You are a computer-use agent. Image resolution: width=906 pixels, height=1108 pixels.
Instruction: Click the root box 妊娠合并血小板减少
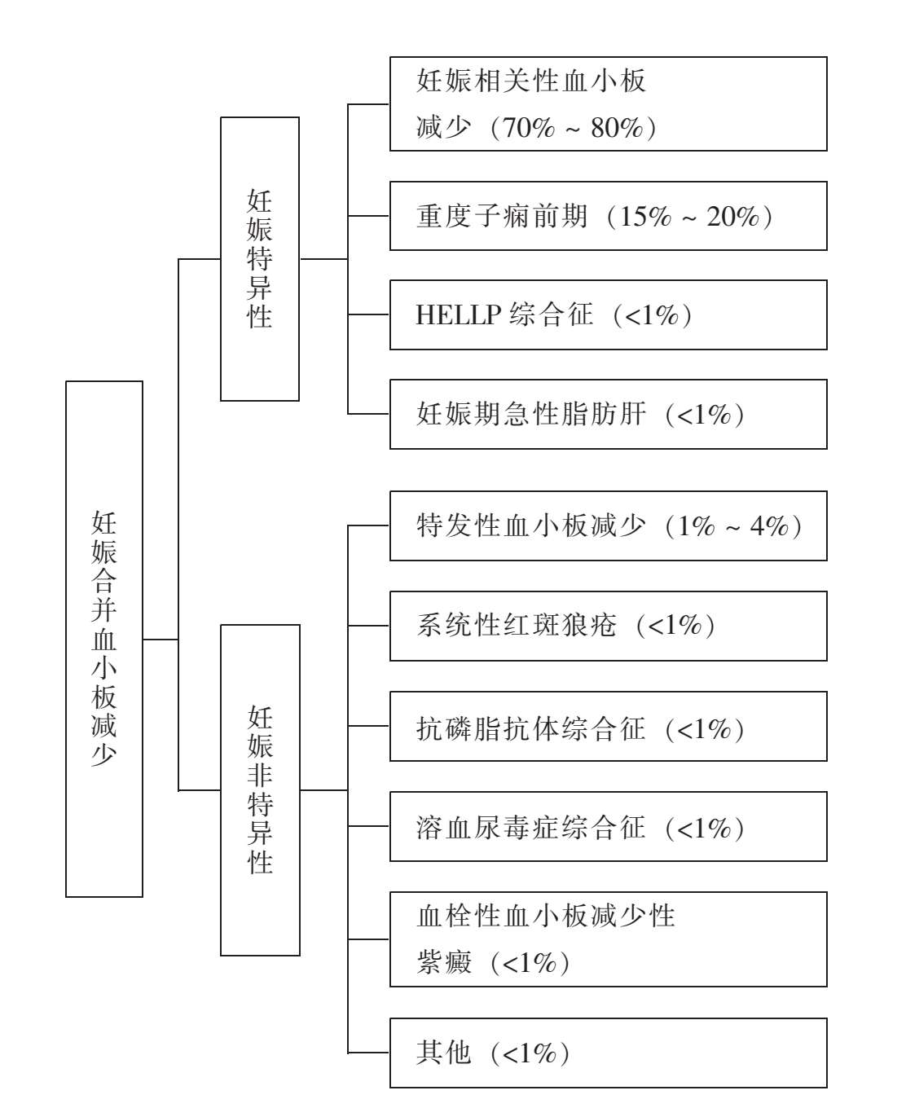[x=104, y=639]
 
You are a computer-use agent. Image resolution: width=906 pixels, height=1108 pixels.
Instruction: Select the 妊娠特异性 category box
[x=260, y=259]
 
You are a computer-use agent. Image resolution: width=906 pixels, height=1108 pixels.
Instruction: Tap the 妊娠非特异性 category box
[x=260, y=790]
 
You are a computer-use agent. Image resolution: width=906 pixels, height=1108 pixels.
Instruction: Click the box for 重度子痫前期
[x=608, y=216]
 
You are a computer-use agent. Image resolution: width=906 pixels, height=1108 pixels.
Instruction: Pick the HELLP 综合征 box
[x=608, y=314]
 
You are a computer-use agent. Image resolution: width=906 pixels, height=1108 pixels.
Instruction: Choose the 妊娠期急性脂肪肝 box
[x=608, y=414]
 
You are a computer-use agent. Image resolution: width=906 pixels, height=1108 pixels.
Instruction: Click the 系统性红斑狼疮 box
[x=608, y=626]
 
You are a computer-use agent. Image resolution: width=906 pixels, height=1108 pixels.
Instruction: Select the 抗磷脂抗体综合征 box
[x=608, y=726]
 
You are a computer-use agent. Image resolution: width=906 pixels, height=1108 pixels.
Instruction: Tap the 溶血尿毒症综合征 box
[x=608, y=826]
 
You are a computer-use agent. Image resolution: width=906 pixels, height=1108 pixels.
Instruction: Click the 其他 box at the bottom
[x=608, y=1053]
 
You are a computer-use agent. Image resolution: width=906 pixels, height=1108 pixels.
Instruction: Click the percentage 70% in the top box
[x=528, y=128]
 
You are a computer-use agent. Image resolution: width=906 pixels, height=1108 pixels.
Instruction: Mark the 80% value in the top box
[x=617, y=128]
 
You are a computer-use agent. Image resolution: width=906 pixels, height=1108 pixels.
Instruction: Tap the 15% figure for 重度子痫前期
[x=646, y=217]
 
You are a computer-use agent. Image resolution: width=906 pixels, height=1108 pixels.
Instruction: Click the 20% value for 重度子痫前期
[x=733, y=217]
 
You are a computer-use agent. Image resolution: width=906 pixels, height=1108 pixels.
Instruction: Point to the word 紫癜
[x=443, y=962]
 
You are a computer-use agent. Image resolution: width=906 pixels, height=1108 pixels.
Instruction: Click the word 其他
[x=443, y=1053]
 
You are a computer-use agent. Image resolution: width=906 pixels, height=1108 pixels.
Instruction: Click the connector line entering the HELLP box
[x=368, y=314]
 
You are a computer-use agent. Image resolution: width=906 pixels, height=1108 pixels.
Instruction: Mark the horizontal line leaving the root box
[x=161, y=640]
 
